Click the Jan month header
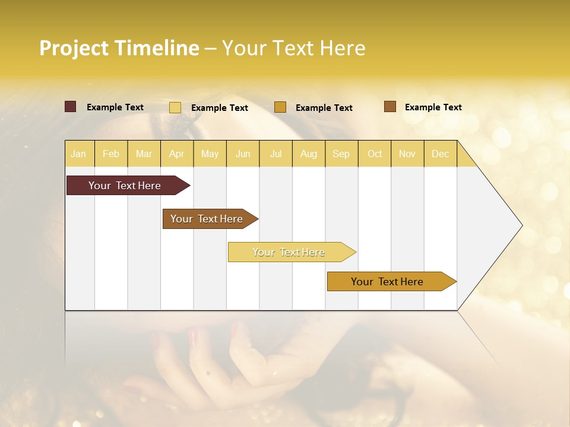click(78, 154)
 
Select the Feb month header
click(111, 154)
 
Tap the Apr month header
click(176, 154)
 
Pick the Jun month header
click(243, 154)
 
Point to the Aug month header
click(308, 154)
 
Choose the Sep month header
click(341, 154)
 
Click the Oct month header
click(375, 154)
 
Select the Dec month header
click(440, 154)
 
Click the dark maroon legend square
click(70, 107)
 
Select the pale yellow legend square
click(175, 107)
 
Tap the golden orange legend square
click(280, 107)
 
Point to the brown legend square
click(389, 107)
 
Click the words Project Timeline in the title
click(119, 48)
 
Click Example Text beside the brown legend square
click(433, 107)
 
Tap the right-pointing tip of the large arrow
click(520, 225)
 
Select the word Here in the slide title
click(343, 48)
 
